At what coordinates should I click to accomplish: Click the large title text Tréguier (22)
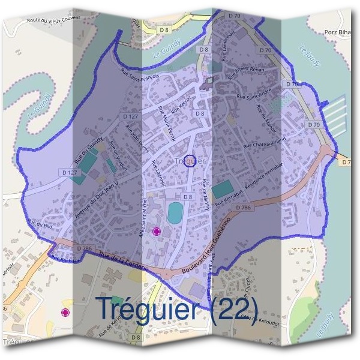(x=178, y=309)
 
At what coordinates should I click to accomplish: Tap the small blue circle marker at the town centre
(x=190, y=161)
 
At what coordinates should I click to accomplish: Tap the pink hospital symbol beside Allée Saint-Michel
(x=157, y=232)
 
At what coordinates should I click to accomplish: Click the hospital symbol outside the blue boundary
(x=65, y=313)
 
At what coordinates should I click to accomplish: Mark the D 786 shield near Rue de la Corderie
(x=84, y=248)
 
